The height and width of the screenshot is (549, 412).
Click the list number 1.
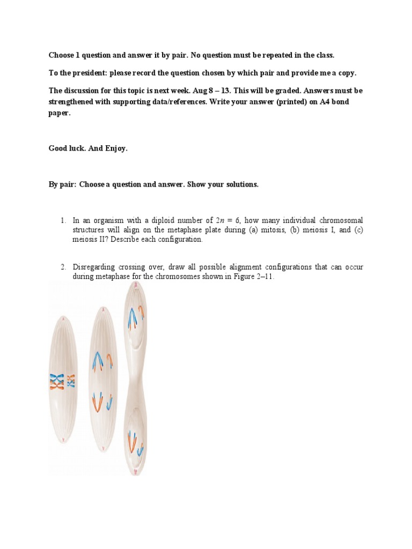coord(62,220)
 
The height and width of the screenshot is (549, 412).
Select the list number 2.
coord(62,267)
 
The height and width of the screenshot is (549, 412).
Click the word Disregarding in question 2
coord(94,267)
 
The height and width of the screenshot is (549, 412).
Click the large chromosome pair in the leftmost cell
coord(56,381)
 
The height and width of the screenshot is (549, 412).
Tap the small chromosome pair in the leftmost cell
coord(71,381)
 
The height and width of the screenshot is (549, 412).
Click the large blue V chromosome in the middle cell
coord(98,360)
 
